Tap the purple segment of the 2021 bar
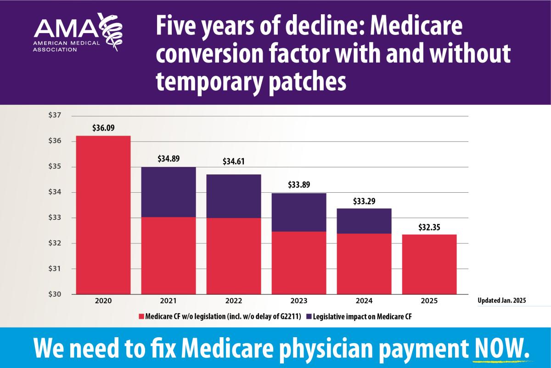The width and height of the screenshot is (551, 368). pyautogui.click(x=169, y=192)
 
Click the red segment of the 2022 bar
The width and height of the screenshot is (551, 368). pyautogui.click(x=234, y=256)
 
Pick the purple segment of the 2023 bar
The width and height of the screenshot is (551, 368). pyautogui.click(x=299, y=212)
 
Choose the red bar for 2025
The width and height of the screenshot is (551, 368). pyautogui.click(x=429, y=264)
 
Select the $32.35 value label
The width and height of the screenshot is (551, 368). pyautogui.click(x=429, y=226)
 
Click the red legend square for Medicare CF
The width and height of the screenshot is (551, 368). pyautogui.click(x=141, y=316)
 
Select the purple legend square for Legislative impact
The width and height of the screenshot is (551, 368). pyautogui.click(x=309, y=316)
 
